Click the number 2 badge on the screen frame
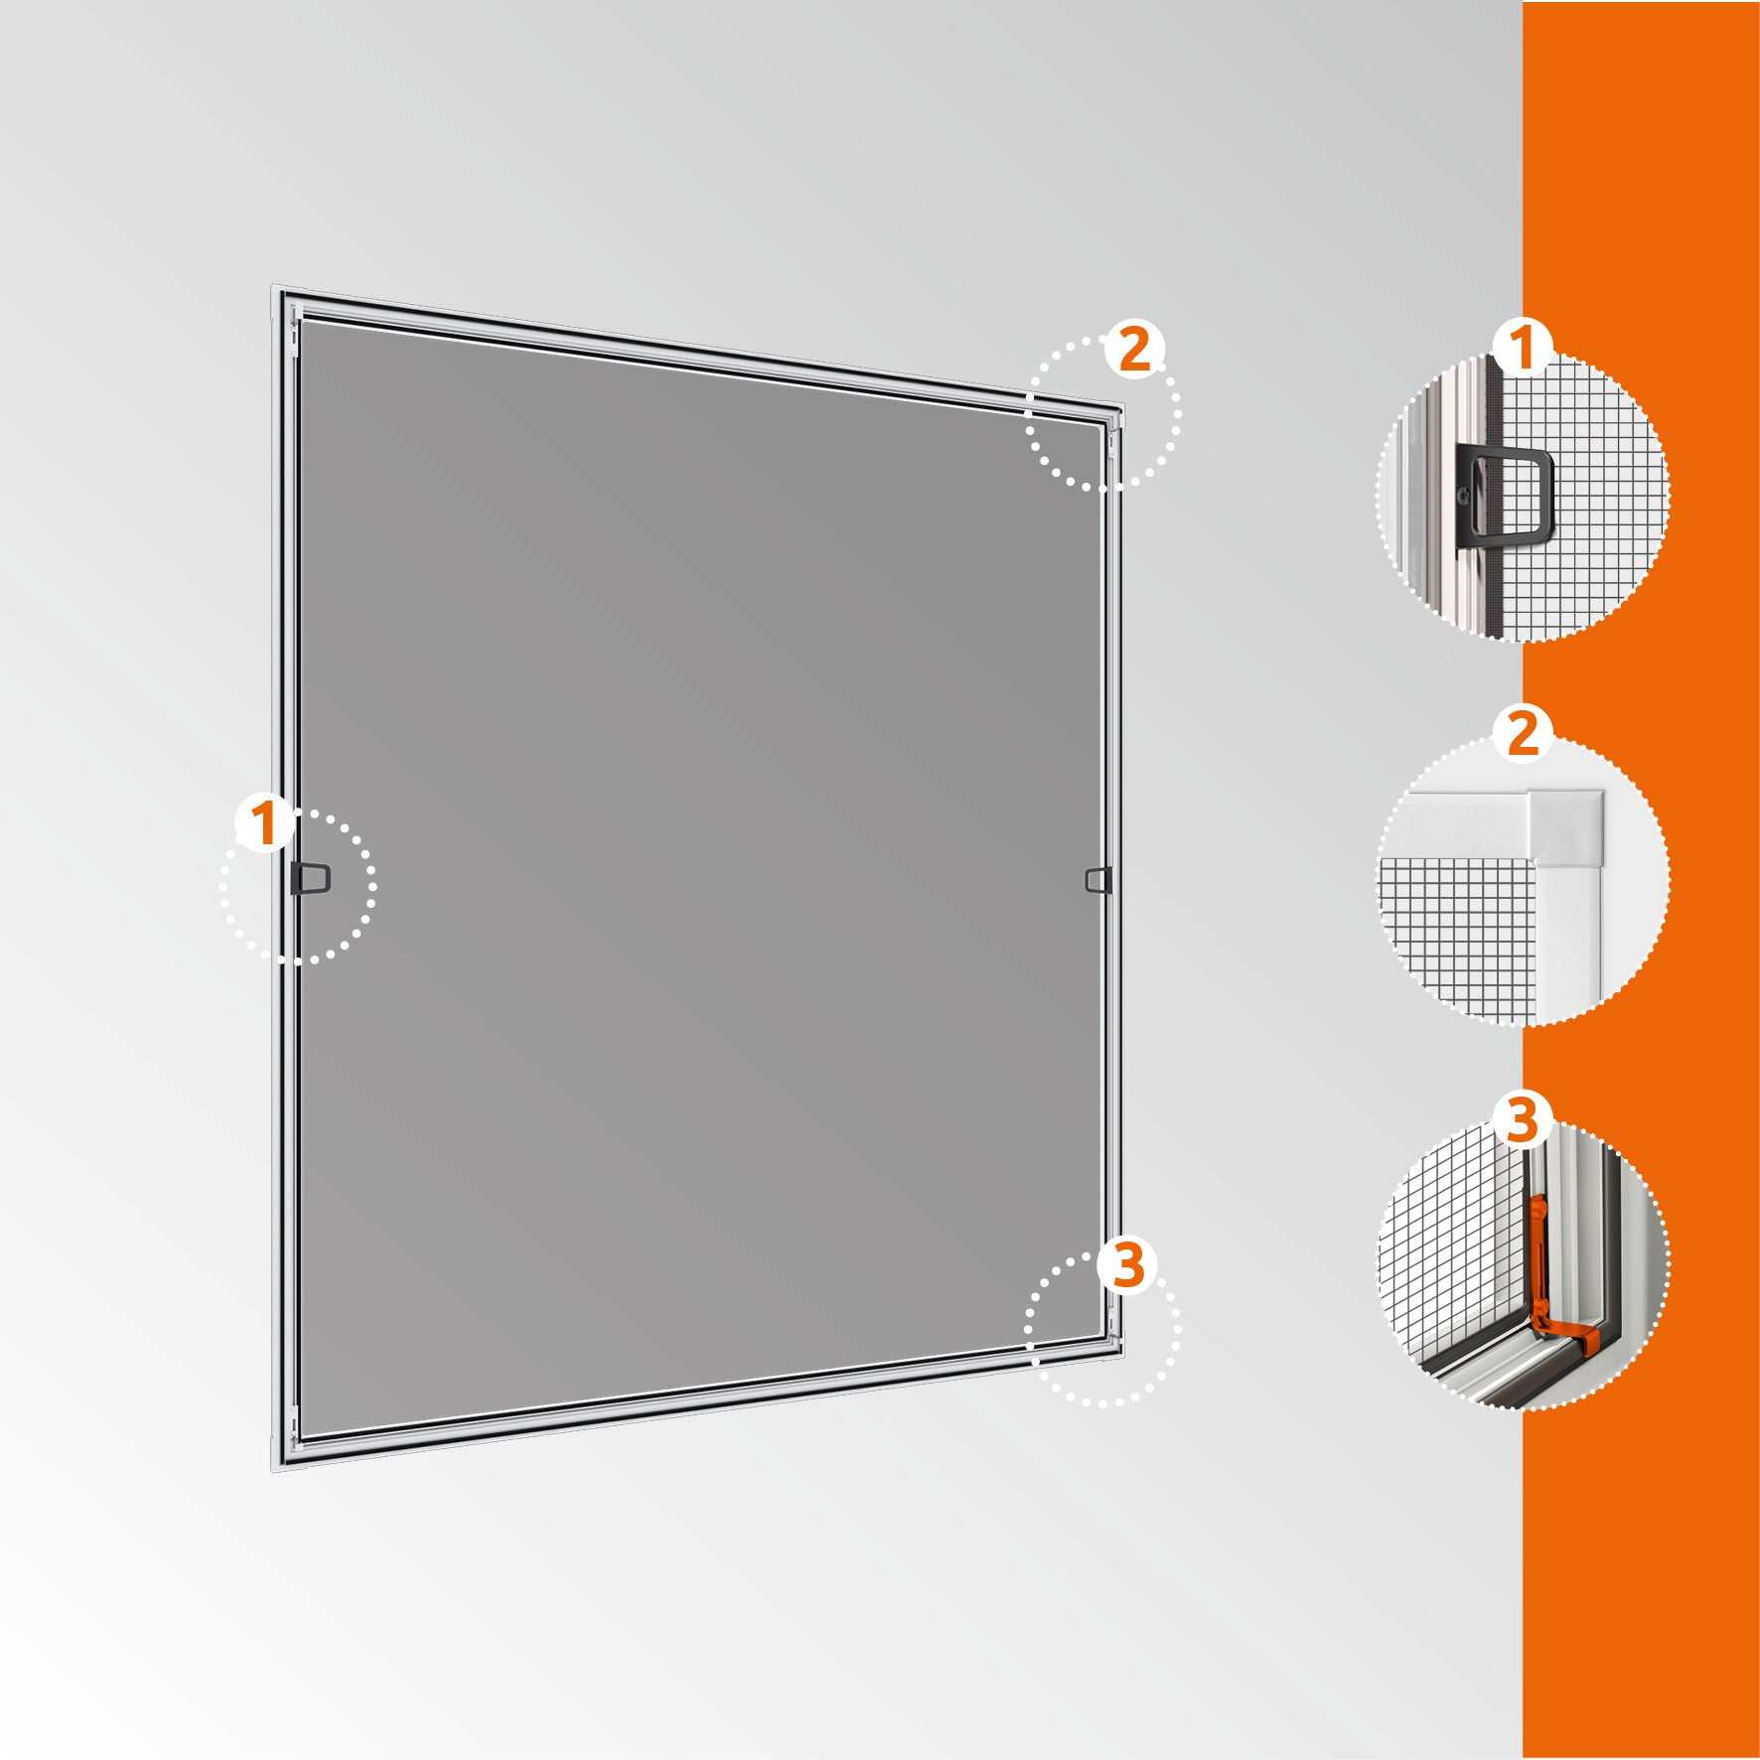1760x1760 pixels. (1135, 351)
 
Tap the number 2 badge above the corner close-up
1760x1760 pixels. (1523, 735)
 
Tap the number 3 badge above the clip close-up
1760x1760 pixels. (1523, 1119)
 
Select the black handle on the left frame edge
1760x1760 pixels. (310, 878)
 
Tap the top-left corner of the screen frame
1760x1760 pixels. (272, 291)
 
